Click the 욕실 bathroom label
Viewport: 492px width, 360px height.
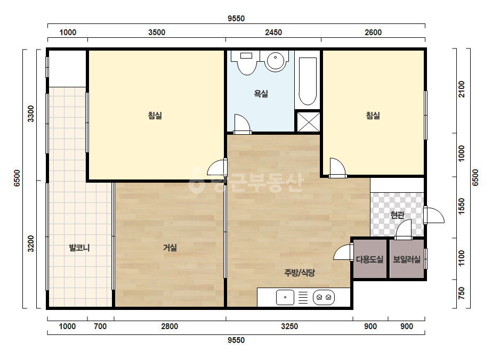[261, 93]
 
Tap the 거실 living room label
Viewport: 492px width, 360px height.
[170, 248]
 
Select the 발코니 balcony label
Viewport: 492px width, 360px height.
[79, 248]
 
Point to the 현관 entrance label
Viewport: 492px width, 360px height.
[397, 215]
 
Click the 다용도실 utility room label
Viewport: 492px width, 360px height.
[369, 259]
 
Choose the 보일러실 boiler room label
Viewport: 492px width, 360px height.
[407, 259]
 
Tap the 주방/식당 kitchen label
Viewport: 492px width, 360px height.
[300, 273]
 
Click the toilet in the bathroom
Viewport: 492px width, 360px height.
[247, 63]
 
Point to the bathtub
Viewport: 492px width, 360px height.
[308, 81]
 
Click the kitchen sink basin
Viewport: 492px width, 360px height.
[285, 297]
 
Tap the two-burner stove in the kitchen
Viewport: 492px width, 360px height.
[324, 297]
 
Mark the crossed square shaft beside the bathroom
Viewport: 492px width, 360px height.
[309, 122]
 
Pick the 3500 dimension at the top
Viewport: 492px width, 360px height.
[157, 32]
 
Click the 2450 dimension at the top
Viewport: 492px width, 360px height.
[273, 32]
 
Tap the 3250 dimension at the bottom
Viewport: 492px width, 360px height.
[289, 326]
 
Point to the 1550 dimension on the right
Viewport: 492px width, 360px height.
[461, 206]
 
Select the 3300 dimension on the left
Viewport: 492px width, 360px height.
[31, 113]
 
